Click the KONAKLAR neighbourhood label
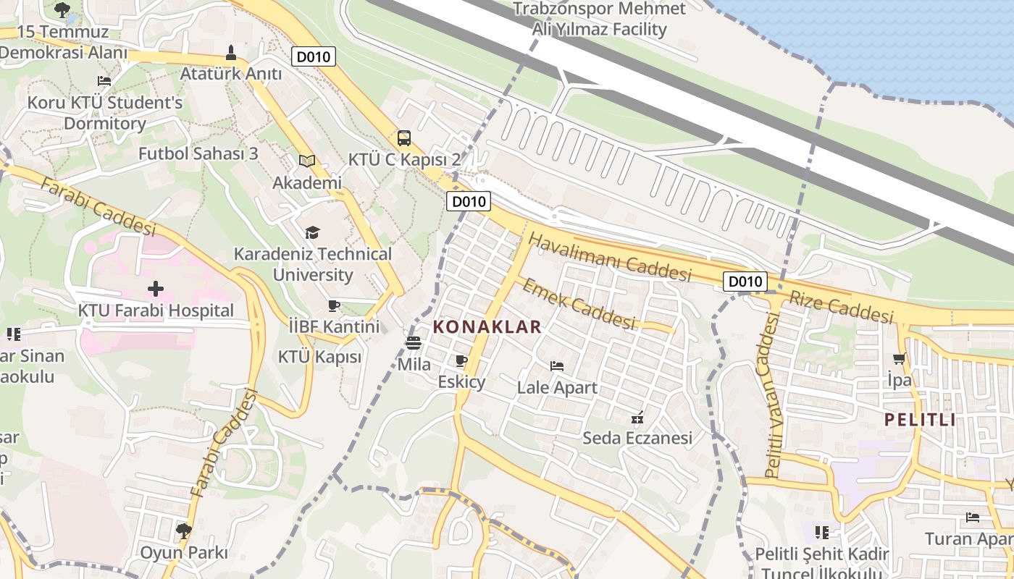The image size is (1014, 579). pyautogui.click(x=487, y=327)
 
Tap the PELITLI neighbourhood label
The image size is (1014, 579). pyautogui.click(x=920, y=420)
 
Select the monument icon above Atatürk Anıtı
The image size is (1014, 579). pyautogui.click(x=231, y=53)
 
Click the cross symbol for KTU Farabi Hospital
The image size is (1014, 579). pyautogui.click(x=155, y=289)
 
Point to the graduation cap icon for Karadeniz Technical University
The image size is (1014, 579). pyautogui.click(x=312, y=232)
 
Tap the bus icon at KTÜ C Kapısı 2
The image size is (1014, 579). pyautogui.click(x=404, y=138)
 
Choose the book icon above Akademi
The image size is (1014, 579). pyautogui.click(x=307, y=161)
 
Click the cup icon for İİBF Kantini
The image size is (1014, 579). pyautogui.click(x=334, y=305)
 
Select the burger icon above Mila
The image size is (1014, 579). pyautogui.click(x=414, y=343)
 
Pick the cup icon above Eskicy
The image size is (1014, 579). pyautogui.click(x=461, y=360)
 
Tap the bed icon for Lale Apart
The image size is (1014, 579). pyautogui.click(x=557, y=366)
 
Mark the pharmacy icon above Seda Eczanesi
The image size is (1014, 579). pyautogui.click(x=637, y=417)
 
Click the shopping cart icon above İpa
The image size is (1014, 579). pyautogui.click(x=900, y=358)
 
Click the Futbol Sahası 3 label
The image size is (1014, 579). pyautogui.click(x=198, y=153)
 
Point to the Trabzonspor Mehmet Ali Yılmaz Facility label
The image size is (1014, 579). pyautogui.click(x=599, y=20)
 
